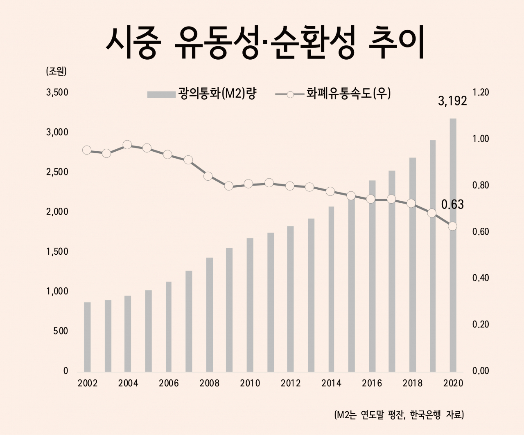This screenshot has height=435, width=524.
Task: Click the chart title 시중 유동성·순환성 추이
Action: coord(265,42)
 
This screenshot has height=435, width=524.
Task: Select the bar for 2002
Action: coord(87,337)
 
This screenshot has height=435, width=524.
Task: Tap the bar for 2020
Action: coord(453,245)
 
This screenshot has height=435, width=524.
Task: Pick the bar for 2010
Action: coord(250,305)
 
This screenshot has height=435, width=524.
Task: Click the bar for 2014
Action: coord(331,289)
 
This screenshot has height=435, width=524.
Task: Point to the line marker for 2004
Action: coord(127,145)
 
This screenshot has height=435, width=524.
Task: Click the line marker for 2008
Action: coord(208,176)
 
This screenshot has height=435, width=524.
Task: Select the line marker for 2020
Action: coord(452,226)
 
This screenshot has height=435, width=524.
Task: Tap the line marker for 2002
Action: coord(87,150)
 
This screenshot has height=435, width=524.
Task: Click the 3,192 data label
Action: coord(452,101)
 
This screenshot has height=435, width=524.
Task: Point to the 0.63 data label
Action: coord(452,205)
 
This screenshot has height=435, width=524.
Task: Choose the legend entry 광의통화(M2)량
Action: coord(202,94)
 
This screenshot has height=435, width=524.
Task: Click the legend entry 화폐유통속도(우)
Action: coord(333,94)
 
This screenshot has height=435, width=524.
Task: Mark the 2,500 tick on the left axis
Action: coord(57,172)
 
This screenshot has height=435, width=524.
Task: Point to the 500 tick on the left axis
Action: coord(61,331)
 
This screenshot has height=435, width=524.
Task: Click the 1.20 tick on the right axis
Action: coord(481,92)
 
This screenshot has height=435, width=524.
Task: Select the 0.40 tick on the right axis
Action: coord(481,278)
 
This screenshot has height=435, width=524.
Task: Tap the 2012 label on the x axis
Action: coord(291,383)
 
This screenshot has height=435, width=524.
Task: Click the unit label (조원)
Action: coord(56,72)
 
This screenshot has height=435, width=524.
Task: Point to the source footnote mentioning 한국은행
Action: coord(399,415)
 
